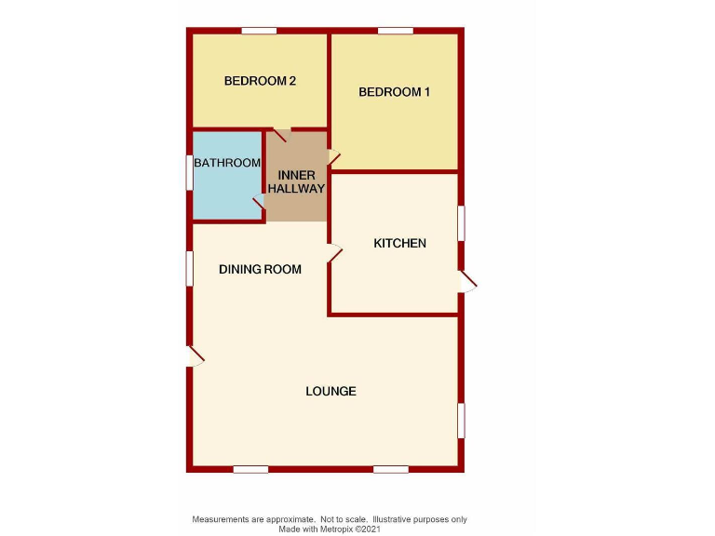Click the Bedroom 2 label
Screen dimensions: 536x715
[x=260, y=81]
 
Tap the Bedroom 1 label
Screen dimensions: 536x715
[x=395, y=92]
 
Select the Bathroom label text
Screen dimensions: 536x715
[x=227, y=163]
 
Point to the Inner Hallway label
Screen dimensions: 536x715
[x=297, y=181]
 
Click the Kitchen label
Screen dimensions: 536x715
[x=399, y=244]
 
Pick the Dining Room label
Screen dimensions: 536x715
[x=260, y=270]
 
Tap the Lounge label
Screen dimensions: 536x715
[x=331, y=391]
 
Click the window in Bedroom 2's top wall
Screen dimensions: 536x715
[x=259, y=32]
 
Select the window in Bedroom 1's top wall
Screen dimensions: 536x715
[x=395, y=32]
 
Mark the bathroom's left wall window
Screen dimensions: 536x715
[x=189, y=172]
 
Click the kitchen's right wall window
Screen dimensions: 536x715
[x=461, y=223]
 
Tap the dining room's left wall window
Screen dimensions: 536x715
[x=189, y=268]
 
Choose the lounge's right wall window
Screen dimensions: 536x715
[x=461, y=420]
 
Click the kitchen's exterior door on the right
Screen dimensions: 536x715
[x=467, y=282]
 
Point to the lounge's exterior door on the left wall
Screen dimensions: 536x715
[x=196, y=355]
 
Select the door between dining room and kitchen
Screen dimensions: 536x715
[x=335, y=250]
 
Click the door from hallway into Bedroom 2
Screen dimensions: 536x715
[x=279, y=136]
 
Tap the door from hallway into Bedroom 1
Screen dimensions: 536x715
[x=334, y=159]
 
